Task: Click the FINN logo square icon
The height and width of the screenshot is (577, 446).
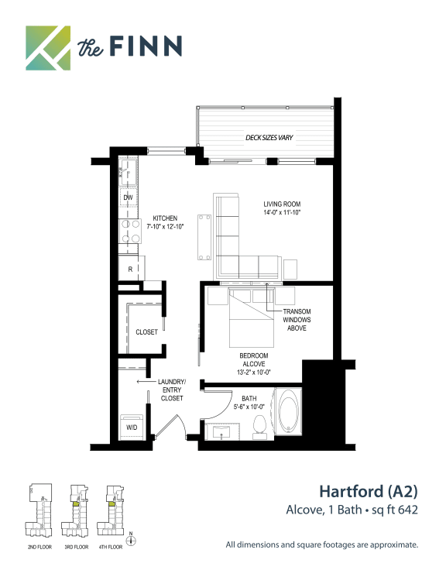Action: pos(48,48)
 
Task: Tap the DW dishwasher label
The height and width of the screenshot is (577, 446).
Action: pos(128,197)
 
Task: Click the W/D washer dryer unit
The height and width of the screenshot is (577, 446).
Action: pos(132,427)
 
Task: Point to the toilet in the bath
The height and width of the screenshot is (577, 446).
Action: pos(260,427)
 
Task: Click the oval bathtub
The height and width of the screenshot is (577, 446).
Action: pos(289,411)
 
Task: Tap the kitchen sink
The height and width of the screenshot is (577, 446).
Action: pos(128,172)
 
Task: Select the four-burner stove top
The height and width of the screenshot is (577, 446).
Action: pos(130,231)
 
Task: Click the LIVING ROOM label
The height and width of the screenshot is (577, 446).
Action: pos(282,204)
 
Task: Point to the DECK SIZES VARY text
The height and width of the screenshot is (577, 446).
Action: pos(269,137)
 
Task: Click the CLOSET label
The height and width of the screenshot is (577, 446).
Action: pos(146,332)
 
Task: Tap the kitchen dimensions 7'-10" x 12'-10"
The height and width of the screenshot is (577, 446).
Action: pos(165,227)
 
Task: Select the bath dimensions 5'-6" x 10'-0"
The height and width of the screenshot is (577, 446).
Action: pos(249,407)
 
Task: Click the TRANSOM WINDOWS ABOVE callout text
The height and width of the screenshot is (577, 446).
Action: pos(297,319)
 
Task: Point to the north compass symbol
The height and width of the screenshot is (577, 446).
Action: pos(131,540)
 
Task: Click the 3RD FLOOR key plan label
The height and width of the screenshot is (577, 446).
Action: pos(77,548)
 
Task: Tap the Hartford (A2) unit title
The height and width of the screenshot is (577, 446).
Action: pos(369,492)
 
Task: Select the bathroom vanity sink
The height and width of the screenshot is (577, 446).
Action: pos(222,431)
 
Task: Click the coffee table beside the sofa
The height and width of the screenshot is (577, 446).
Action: pos(204,237)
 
